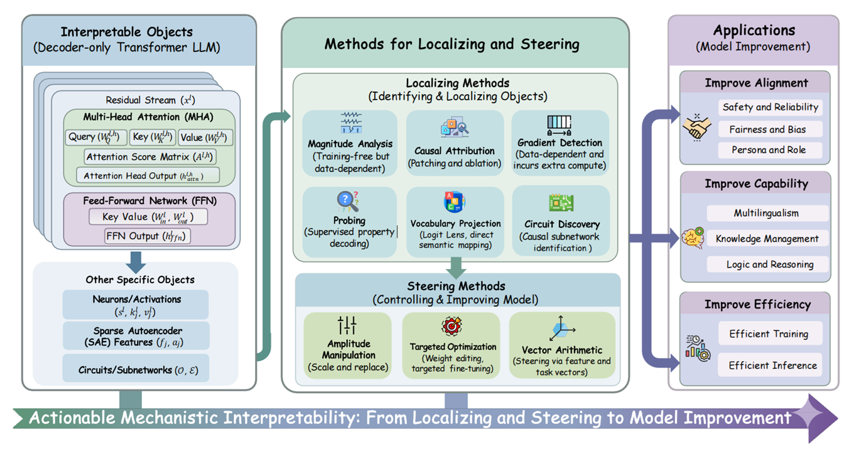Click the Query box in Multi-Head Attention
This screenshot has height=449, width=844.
[x=96, y=138]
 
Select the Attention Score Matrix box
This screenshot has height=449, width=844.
[x=149, y=156]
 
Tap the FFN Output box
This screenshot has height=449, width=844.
[x=148, y=236]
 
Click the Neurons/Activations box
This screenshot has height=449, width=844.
[x=136, y=305]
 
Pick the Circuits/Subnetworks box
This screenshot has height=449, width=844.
[x=136, y=370]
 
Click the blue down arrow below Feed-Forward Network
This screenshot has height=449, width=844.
[x=136, y=261]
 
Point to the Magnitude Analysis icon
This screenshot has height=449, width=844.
[x=350, y=124]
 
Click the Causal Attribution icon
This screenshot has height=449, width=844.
[x=455, y=127]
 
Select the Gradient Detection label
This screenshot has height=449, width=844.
[x=560, y=143]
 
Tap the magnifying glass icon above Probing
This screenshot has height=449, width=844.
[x=348, y=201]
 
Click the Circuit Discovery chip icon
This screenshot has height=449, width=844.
[x=561, y=203]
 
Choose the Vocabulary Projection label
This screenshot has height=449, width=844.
[x=455, y=224]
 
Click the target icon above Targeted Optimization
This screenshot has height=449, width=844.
[x=452, y=327]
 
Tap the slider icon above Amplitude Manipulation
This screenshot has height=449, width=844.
[x=347, y=325]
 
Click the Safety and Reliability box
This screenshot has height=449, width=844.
[x=770, y=107]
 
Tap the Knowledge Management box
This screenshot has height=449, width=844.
[x=767, y=239]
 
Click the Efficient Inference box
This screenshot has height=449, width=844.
[x=772, y=365]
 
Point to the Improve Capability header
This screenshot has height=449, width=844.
[x=756, y=184]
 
